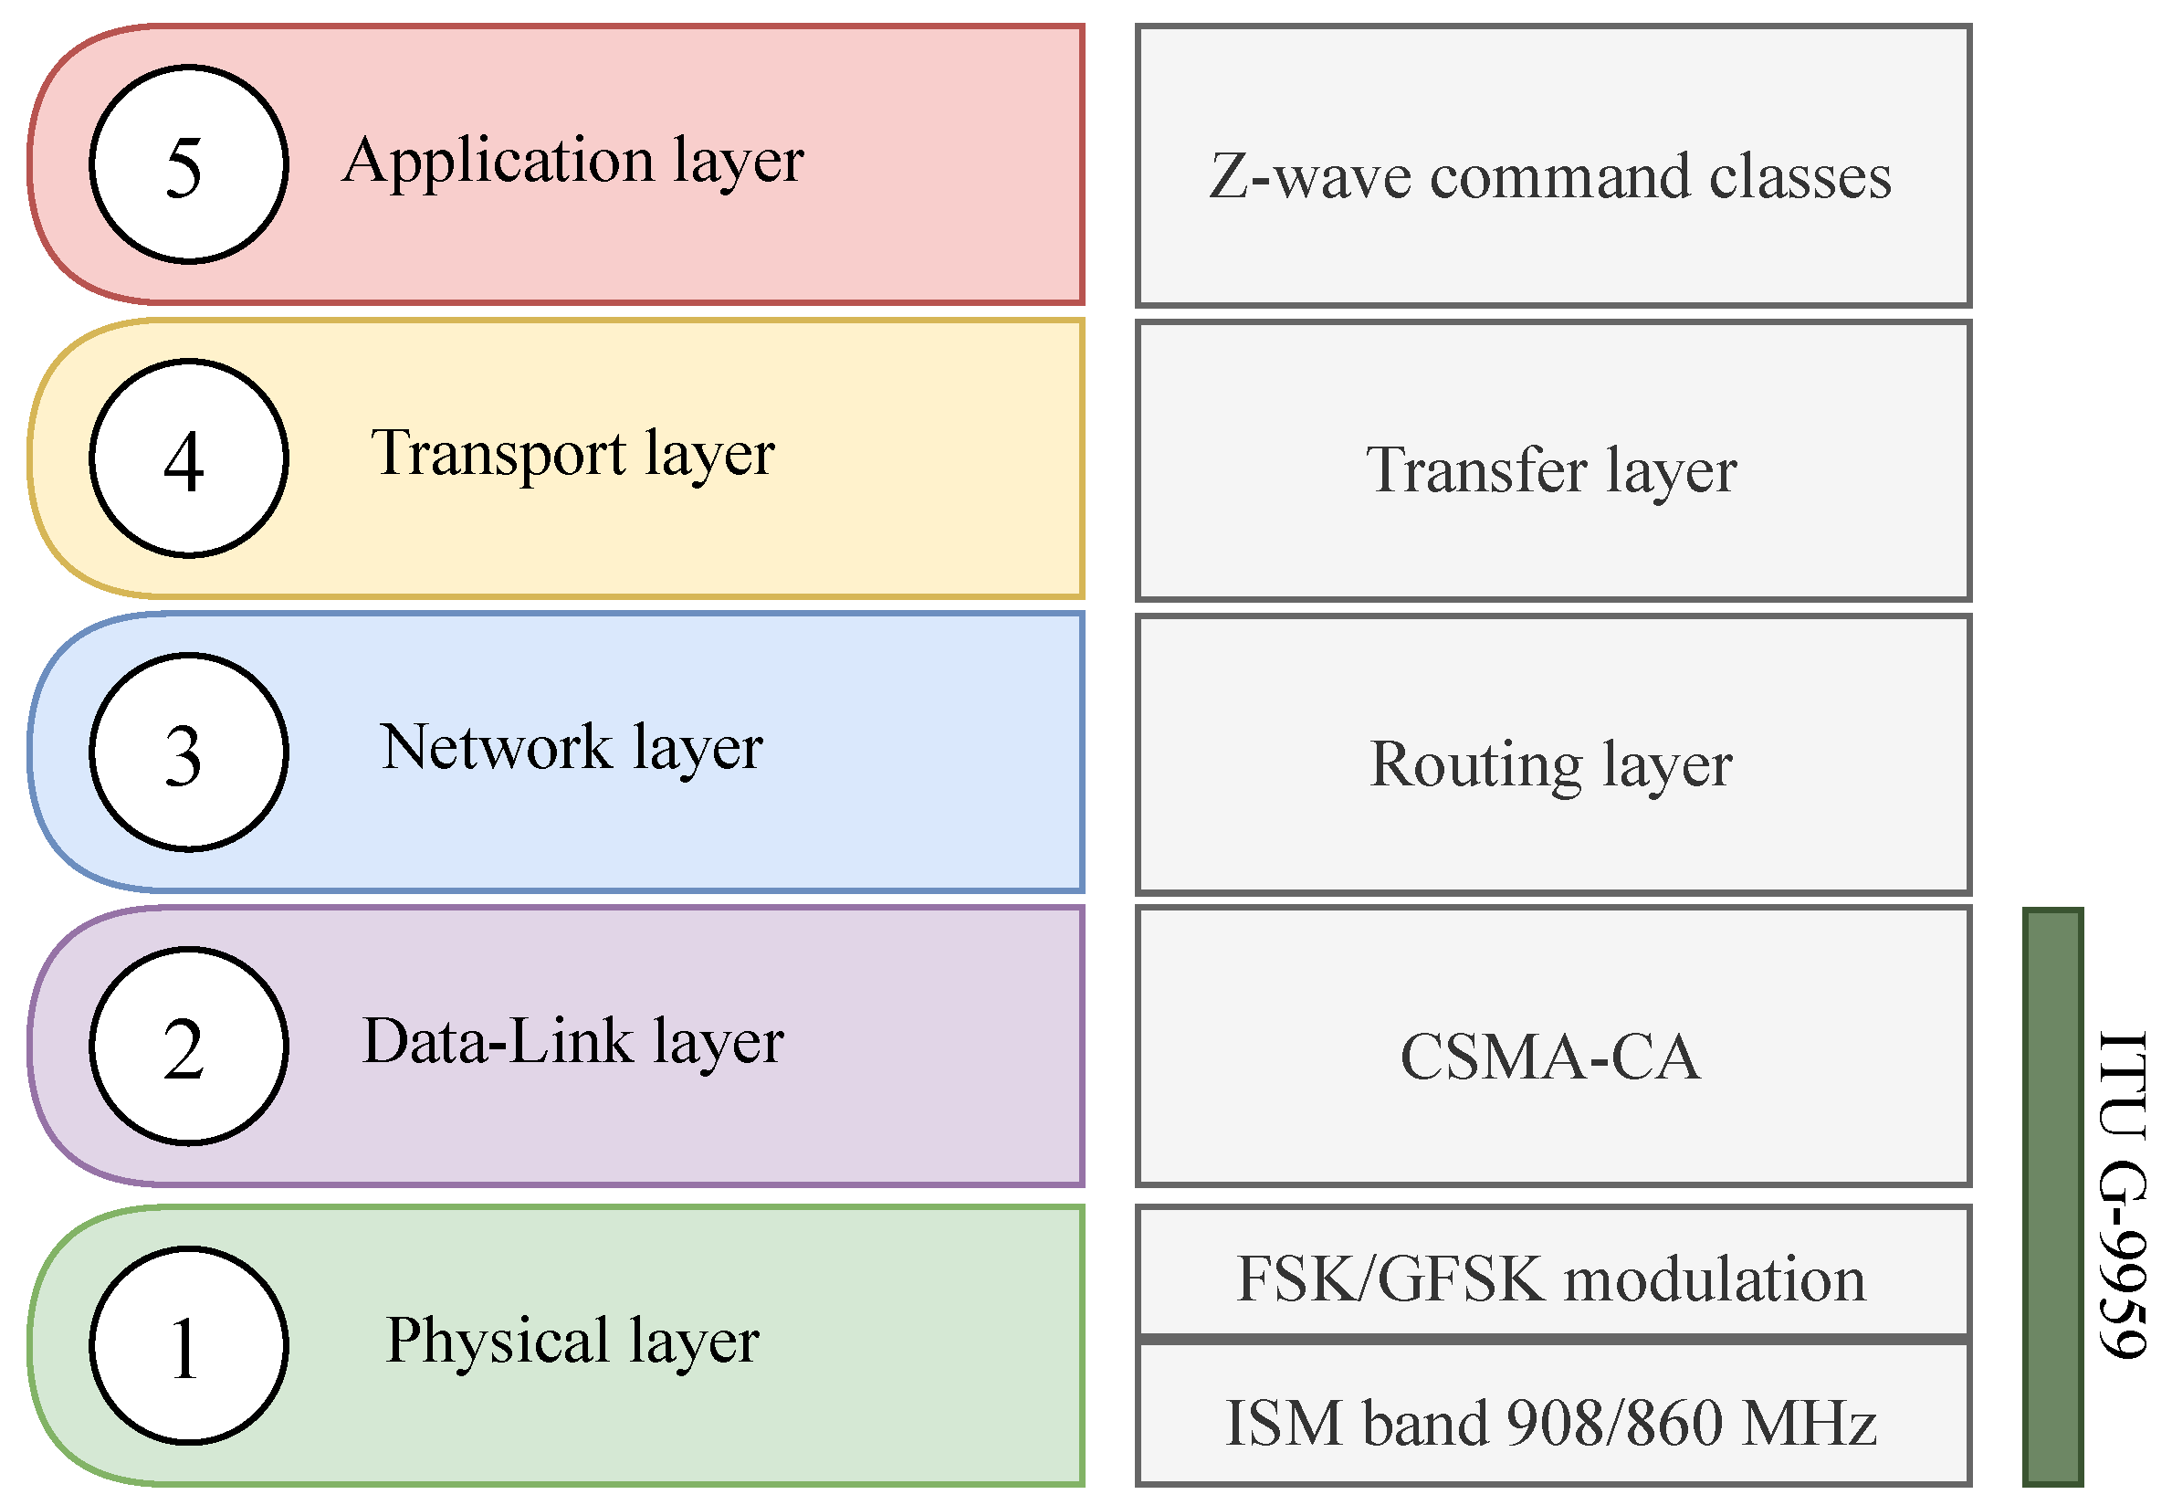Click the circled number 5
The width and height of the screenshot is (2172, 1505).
coord(189,164)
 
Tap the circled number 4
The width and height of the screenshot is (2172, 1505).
coord(189,458)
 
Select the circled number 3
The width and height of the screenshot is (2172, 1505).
coord(189,752)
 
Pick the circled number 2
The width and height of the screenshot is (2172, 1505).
coord(189,1047)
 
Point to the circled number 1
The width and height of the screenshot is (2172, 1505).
coord(189,1345)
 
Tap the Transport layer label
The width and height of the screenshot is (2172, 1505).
coord(572,455)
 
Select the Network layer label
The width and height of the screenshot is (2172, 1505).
coord(572,749)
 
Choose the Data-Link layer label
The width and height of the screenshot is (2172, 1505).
coord(573,1043)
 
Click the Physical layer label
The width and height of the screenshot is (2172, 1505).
coord(572,1341)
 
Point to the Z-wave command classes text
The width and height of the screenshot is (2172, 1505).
coord(1551,176)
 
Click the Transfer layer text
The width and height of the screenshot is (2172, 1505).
coord(1551,470)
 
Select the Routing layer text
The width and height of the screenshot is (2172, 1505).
coord(1551,764)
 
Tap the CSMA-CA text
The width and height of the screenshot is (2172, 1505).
coord(1551,1058)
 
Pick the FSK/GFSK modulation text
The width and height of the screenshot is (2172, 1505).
coord(1551,1279)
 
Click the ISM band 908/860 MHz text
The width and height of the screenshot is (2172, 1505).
coord(1551,1423)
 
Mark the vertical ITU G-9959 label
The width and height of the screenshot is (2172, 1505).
coord(2123,1195)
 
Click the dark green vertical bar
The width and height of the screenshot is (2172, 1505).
coord(2052,1195)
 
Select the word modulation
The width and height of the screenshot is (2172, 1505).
coord(1715,1279)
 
